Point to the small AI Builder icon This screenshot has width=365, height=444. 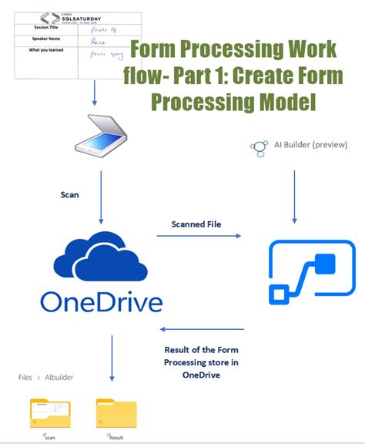[x=259, y=146]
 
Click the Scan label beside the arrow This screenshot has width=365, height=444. [x=70, y=195]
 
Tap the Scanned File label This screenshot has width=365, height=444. [x=196, y=224]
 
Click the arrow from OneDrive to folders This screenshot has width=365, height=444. [x=112, y=358]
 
